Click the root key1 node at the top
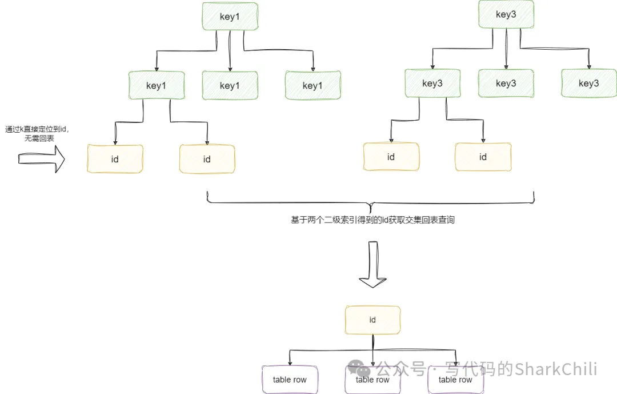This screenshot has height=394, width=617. [229, 17]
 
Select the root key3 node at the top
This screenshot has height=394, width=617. [506, 15]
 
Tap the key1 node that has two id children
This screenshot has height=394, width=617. [157, 86]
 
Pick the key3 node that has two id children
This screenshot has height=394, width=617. [432, 83]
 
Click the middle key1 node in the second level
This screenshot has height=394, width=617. [229, 86]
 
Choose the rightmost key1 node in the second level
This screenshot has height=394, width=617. [312, 86]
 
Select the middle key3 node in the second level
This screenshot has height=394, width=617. [506, 83]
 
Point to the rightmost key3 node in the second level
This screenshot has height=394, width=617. [588, 83]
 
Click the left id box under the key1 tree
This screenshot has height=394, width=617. [115, 159]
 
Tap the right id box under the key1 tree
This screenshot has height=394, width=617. [207, 159]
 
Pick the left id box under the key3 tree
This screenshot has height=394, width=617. [391, 157]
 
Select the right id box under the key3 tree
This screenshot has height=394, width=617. [483, 157]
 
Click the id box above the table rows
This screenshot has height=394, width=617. [372, 320]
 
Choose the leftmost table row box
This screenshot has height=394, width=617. [290, 380]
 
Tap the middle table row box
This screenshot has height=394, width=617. [372, 380]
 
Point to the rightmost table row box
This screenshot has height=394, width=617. [455, 380]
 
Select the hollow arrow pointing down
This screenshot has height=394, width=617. [372, 264]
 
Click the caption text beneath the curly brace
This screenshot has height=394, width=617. [372, 220]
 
